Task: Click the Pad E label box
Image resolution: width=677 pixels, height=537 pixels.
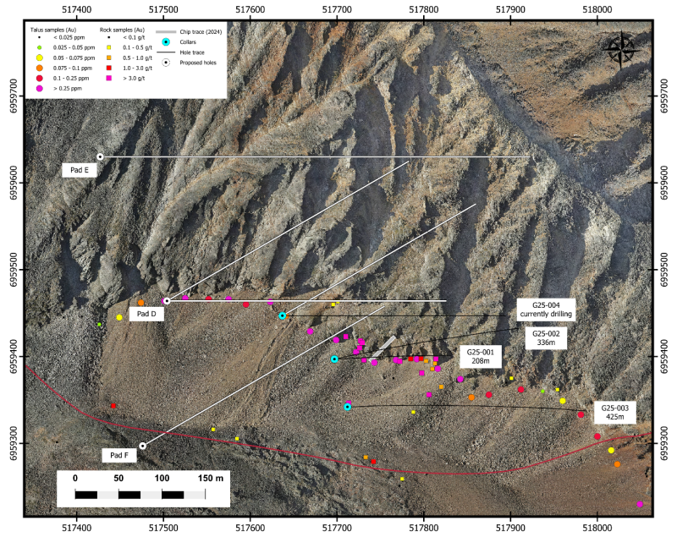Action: click(x=80, y=170)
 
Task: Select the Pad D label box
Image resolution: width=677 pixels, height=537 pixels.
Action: click(x=146, y=314)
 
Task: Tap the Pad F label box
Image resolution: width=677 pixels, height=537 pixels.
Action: click(x=119, y=455)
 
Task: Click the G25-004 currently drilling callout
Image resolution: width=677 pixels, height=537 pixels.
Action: click(x=546, y=310)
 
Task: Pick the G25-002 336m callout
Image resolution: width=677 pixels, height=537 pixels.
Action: click(x=546, y=337)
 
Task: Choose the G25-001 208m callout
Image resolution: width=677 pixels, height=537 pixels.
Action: click(x=480, y=356)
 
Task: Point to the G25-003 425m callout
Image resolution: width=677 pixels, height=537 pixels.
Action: click(x=615, y=412)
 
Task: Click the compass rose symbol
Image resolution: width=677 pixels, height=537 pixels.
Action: click(x=621, y=49)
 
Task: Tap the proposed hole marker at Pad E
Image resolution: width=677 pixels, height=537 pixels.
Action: click(x=100, y=156)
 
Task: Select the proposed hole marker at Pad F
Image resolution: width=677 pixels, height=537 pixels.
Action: click(x=143, y=446)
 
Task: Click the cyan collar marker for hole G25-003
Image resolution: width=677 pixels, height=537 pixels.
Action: click(x=348, y=407)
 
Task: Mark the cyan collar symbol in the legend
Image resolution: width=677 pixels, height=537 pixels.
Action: click(x=166, y=42)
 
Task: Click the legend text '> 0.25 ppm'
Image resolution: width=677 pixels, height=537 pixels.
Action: click(x=68, y=89)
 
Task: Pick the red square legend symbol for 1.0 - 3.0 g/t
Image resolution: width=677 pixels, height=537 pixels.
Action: click(x=109, y=68)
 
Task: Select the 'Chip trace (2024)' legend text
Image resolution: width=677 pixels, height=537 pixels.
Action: click(x=201, y=31)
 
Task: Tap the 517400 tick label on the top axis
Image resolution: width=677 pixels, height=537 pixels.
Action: click(x=77, y=9)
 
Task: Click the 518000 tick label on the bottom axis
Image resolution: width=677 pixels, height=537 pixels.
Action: click(x=597, y=528)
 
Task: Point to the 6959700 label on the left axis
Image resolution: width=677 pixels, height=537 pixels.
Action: click(x=14, y=96)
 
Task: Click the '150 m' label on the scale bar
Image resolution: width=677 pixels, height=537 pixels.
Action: click(x=211, y=478)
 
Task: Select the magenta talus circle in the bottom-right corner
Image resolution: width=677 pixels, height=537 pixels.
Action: click(x=640, y=504)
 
